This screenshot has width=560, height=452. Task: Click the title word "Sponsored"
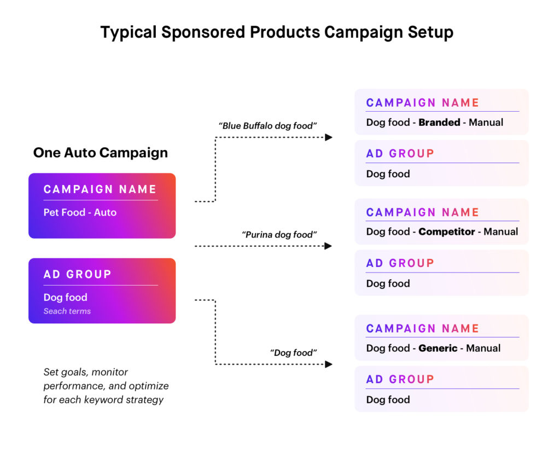click(x=202, y=32)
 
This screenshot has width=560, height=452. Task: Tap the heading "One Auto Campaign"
click(x=100, y=152)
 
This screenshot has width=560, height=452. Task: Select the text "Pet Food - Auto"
click(x=80, y=212)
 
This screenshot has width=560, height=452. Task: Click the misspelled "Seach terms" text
click(x=67, y=311)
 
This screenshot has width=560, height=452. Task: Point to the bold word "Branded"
click(x=439, y=123)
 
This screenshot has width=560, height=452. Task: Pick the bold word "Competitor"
click(x=446, y=232)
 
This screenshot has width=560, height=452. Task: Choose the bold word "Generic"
click(x=437, y=348)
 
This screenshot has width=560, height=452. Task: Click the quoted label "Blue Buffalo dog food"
click(x=267, y=126)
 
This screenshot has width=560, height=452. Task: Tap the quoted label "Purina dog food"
click(x=279, y=235)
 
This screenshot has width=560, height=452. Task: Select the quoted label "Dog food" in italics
click(x=293, y=353)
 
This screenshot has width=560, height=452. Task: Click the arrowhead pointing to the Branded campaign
click(x=329, y=137)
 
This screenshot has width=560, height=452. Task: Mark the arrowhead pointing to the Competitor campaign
click(x=329, y=246)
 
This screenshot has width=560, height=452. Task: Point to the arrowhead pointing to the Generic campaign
click(x=329, y=364)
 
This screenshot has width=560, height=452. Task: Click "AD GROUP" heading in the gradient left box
click(x=77, y=274)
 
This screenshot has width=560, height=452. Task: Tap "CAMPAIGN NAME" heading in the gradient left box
click(x=100, y=189)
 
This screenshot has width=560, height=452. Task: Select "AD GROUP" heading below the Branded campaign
click(x=400, y=153)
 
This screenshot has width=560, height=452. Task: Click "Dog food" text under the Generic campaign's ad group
click(x=388, y=399)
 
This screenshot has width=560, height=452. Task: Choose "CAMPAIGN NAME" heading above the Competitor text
click(x=422, y=212)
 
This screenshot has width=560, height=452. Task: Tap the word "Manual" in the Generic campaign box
click(x=483, y=348)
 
